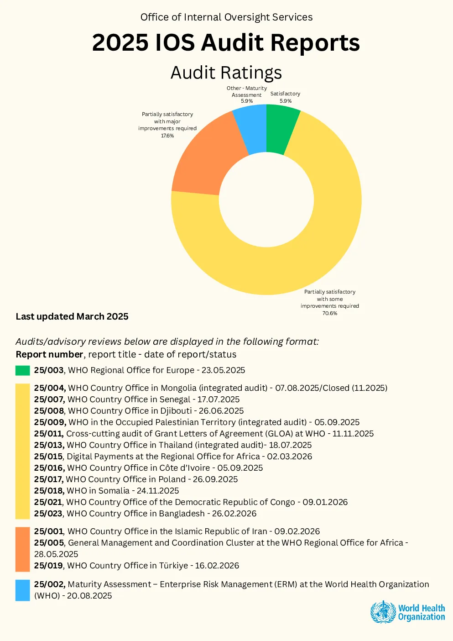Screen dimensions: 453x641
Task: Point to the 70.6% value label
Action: coord(330,313)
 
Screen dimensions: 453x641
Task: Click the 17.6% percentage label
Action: coord(167,136)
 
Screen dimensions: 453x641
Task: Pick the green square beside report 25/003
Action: coord(23,370)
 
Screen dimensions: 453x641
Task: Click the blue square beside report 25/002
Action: coord(23,590)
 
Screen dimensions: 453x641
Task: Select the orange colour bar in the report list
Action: coord(23,549)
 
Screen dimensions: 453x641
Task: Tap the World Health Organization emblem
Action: coord(383,612)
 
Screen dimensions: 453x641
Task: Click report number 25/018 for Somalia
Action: coord(49,491)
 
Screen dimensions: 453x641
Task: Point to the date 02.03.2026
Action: coord(289,457)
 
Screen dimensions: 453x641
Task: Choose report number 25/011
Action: coord(49,434)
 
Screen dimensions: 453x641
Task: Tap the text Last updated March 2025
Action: coord(72,316)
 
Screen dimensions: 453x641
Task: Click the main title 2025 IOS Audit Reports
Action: coord(226,42)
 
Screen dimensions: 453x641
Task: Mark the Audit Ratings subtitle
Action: coord(226,73)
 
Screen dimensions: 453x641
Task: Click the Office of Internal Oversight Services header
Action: coord(226,17)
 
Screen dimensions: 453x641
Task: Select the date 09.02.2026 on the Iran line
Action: coord(297,531)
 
